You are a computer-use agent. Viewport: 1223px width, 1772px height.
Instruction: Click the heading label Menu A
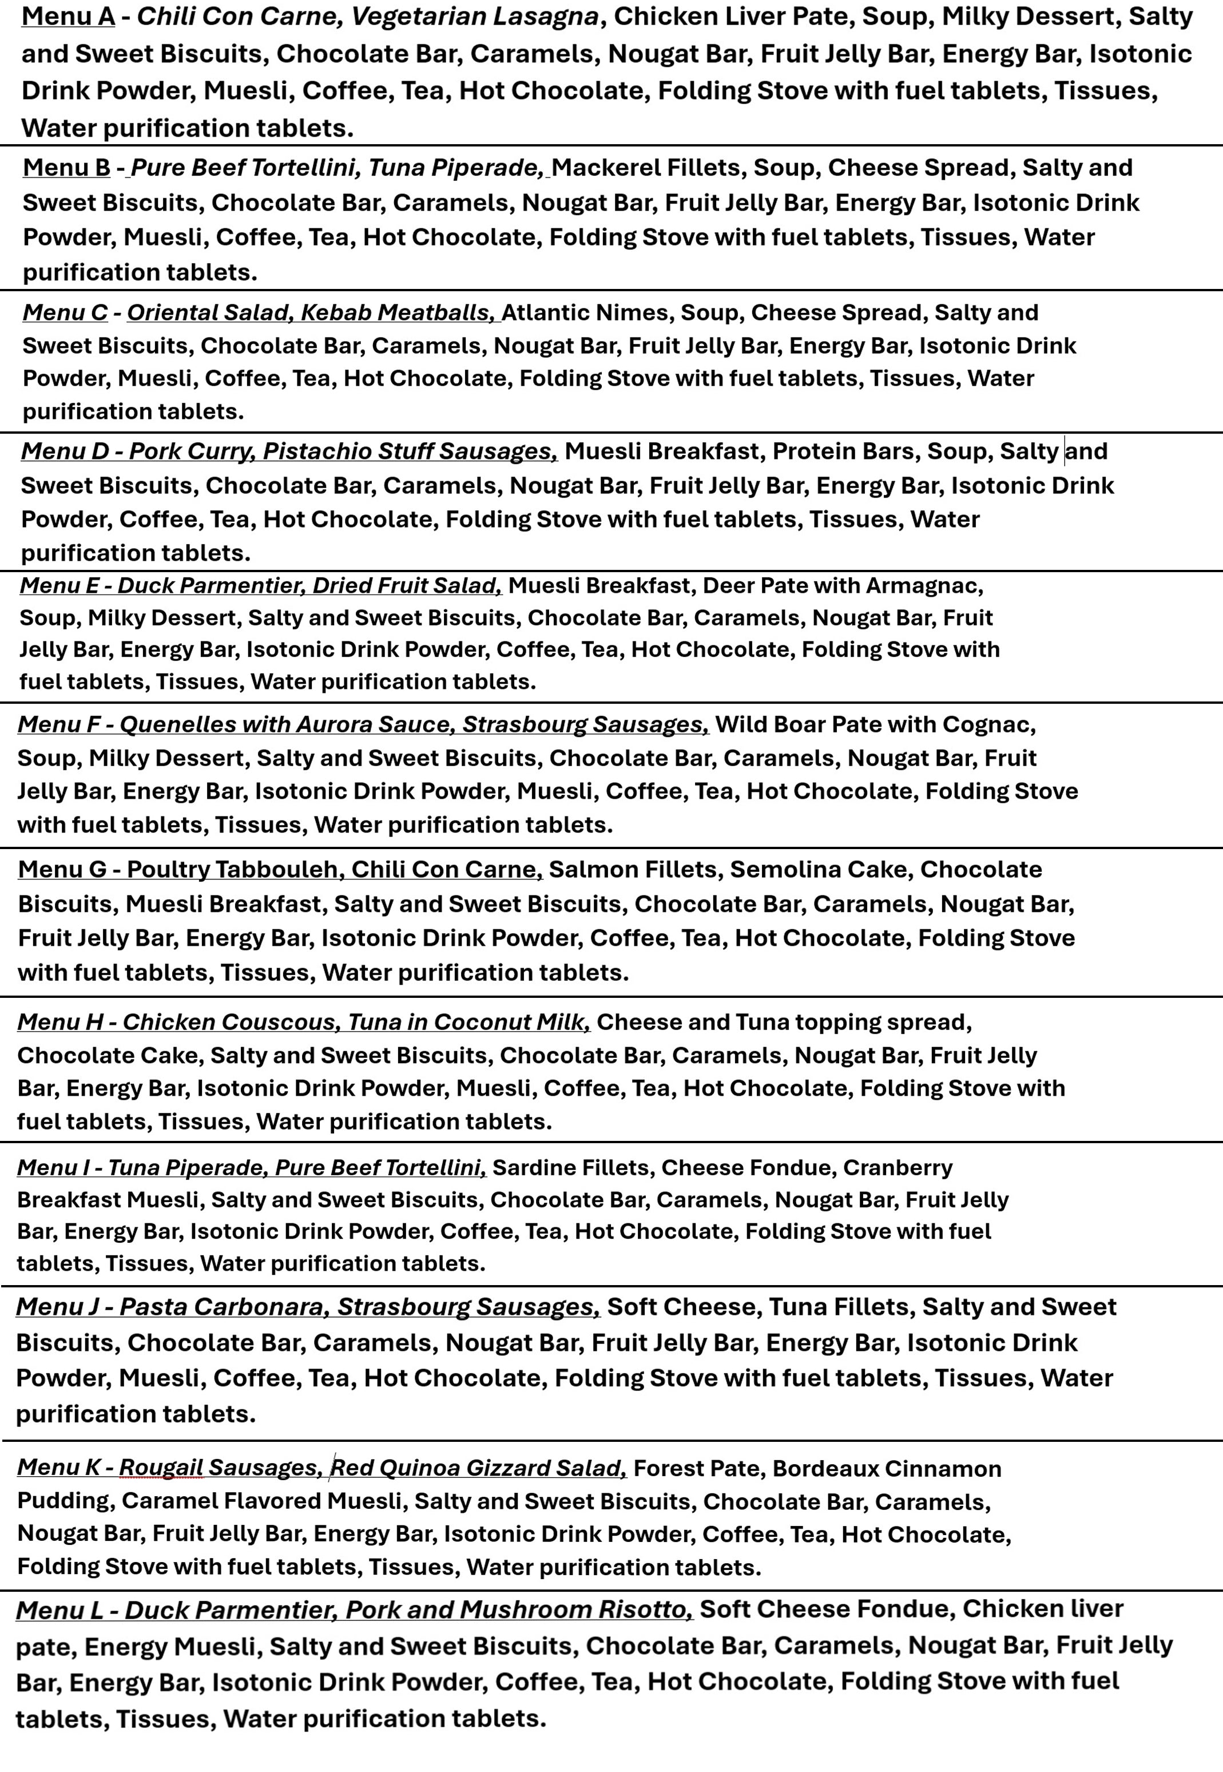[x=67, y=16]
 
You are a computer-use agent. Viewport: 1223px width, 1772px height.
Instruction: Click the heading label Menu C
[x=65, y=313]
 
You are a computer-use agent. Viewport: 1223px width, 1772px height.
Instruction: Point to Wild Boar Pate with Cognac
[x=874, y=724]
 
